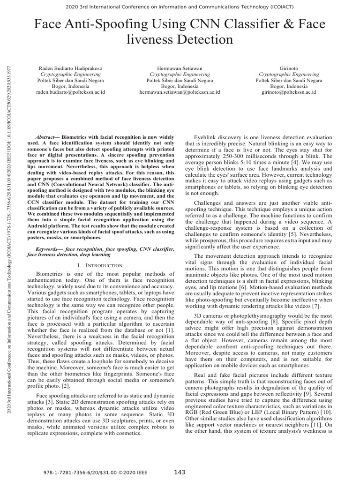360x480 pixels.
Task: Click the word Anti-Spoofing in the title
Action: click(99, 24)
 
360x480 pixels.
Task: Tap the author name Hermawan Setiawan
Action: click(180, 68)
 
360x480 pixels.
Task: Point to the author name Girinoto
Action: click(289, 68)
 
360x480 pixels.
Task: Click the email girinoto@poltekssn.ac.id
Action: click(289, 92)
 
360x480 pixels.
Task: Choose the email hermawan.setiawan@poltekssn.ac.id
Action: click(180, 92)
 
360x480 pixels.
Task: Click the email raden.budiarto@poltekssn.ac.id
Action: click(70, 92)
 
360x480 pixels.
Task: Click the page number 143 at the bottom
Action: click(180, 472)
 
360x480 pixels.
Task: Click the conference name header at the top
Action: click(180, 6)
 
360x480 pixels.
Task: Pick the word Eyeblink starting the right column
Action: click(207, 133)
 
